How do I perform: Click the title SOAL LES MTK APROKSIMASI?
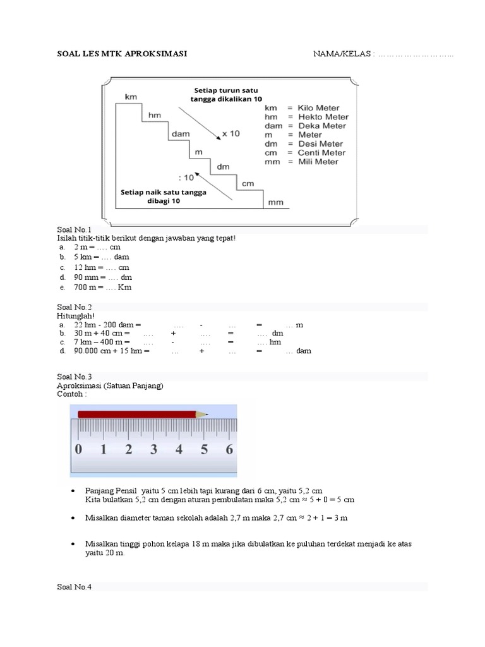122,54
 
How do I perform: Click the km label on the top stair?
131,97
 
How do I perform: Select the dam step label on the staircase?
178,134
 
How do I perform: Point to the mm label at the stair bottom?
275,203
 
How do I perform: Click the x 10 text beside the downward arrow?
231,134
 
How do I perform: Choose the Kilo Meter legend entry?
306,107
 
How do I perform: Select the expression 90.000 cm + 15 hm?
112,351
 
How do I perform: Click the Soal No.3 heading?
75,377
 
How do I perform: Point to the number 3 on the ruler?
153,450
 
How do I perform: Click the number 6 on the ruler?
229,450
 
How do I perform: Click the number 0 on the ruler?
78,450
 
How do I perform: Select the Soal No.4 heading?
75,587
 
